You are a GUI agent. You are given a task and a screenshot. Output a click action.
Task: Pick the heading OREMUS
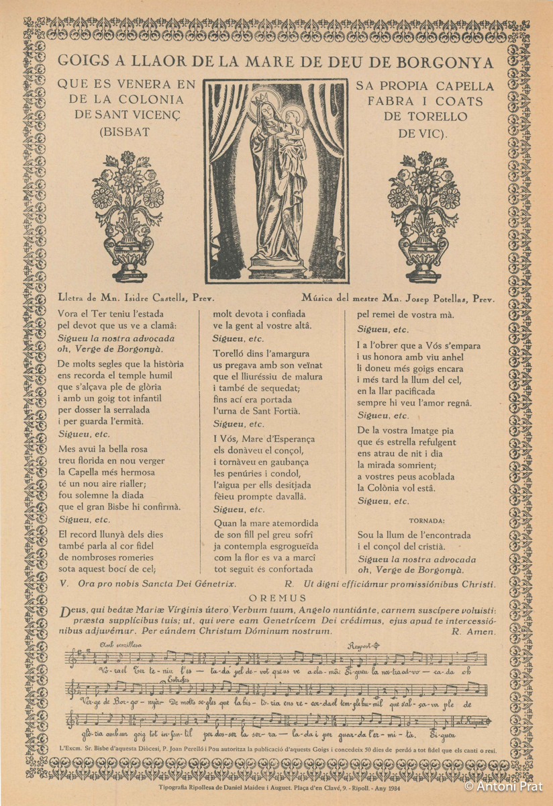(276, 598)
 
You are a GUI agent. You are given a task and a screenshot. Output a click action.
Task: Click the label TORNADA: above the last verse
(426, 521)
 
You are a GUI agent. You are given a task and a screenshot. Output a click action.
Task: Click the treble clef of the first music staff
(71, 660)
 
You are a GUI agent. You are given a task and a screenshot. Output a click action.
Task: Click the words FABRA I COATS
(425, 101)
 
